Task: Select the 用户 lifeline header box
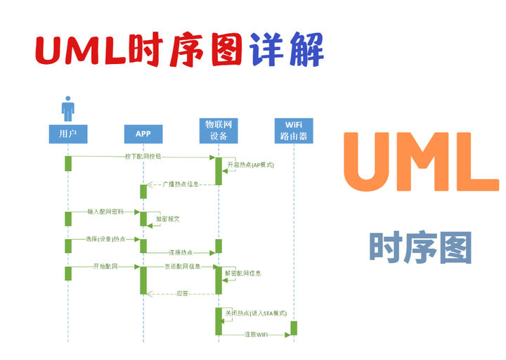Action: pyautogui.click(x=67, y=133)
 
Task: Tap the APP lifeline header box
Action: pyautogui.click(x=143, y=133)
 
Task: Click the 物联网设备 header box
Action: pyautogui.click(x=219, y=130)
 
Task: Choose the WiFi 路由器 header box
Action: pyautogui.click(x=294, y=130)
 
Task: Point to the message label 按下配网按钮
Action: pyautogui.click(x=143, y=157)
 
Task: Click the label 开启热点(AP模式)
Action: pyautogui.click(x=250, y=165)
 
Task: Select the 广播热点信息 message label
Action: pyautogui.click(x=181, y=184)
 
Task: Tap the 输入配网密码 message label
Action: pyautogui.click(x=105, y=212)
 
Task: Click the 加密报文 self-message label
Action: pyautogui.click(x=168, y=219)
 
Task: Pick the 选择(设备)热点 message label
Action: pyautogui.click(x=105, y=239)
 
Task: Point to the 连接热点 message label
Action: pyautogui.click(x=181, y=252)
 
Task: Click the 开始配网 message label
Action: pyautogui.click(x=105, y=266)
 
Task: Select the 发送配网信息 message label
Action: pyautogui.click(x=182, y=266)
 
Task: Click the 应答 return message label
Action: pyautogui.click(x=182, y=293)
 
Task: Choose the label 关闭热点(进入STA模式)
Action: pyautogui.click(x=256, y=314)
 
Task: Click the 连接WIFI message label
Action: pyautogui.click(x=256, y=335)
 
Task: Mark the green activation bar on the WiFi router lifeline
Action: pyautogui.click(x=294, y=328)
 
